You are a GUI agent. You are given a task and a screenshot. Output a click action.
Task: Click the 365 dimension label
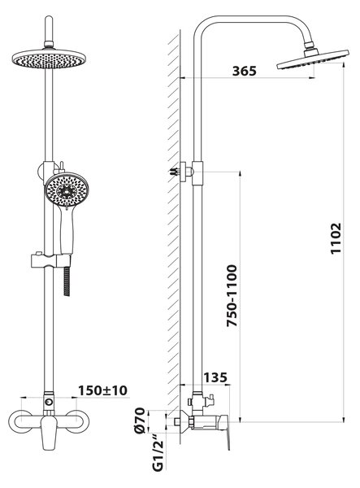pyautogui.click(x=245, y=71)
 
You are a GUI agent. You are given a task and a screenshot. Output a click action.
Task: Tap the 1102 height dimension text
pyautogui.click(x=336, y=238)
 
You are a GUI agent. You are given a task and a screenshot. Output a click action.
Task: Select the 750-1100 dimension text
pyautogui.click(x=232, y=295)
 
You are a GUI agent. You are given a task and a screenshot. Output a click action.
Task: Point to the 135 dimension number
pyautogui.click(x=215, y=378)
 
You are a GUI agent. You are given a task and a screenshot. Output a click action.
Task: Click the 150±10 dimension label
pyautogui.click(x=102, y=390)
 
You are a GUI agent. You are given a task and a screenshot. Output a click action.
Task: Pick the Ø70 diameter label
pyautogui.click(x=140, y=420)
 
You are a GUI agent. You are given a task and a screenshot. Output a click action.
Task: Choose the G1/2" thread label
pyautogui.click(x=158, y=454)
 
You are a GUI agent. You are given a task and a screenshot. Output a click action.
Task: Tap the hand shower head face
pyautogui.click(x=67, y=190)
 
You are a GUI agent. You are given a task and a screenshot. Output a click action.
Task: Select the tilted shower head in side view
pyautogui.click(x=312, y=59)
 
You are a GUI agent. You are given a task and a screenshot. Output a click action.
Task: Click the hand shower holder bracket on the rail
pyautogui.click(x=50, y=261)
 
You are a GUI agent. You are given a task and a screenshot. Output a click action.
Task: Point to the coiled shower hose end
pyautogui.click(x=67, y=281)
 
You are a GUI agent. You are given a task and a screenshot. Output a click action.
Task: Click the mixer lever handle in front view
pyautogui.click(x=49, y=433)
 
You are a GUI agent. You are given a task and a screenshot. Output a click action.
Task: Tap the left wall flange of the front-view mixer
pyautogui.click(x=20, y=421)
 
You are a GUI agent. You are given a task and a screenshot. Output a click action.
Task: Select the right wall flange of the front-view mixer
pyautogui.click(x=78, y=421)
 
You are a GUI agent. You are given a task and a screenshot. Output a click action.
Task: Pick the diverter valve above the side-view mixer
pyautogui.click(x=202, y=400)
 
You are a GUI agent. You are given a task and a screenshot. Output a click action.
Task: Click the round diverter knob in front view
pyautogui.click(x=49, y=402)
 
